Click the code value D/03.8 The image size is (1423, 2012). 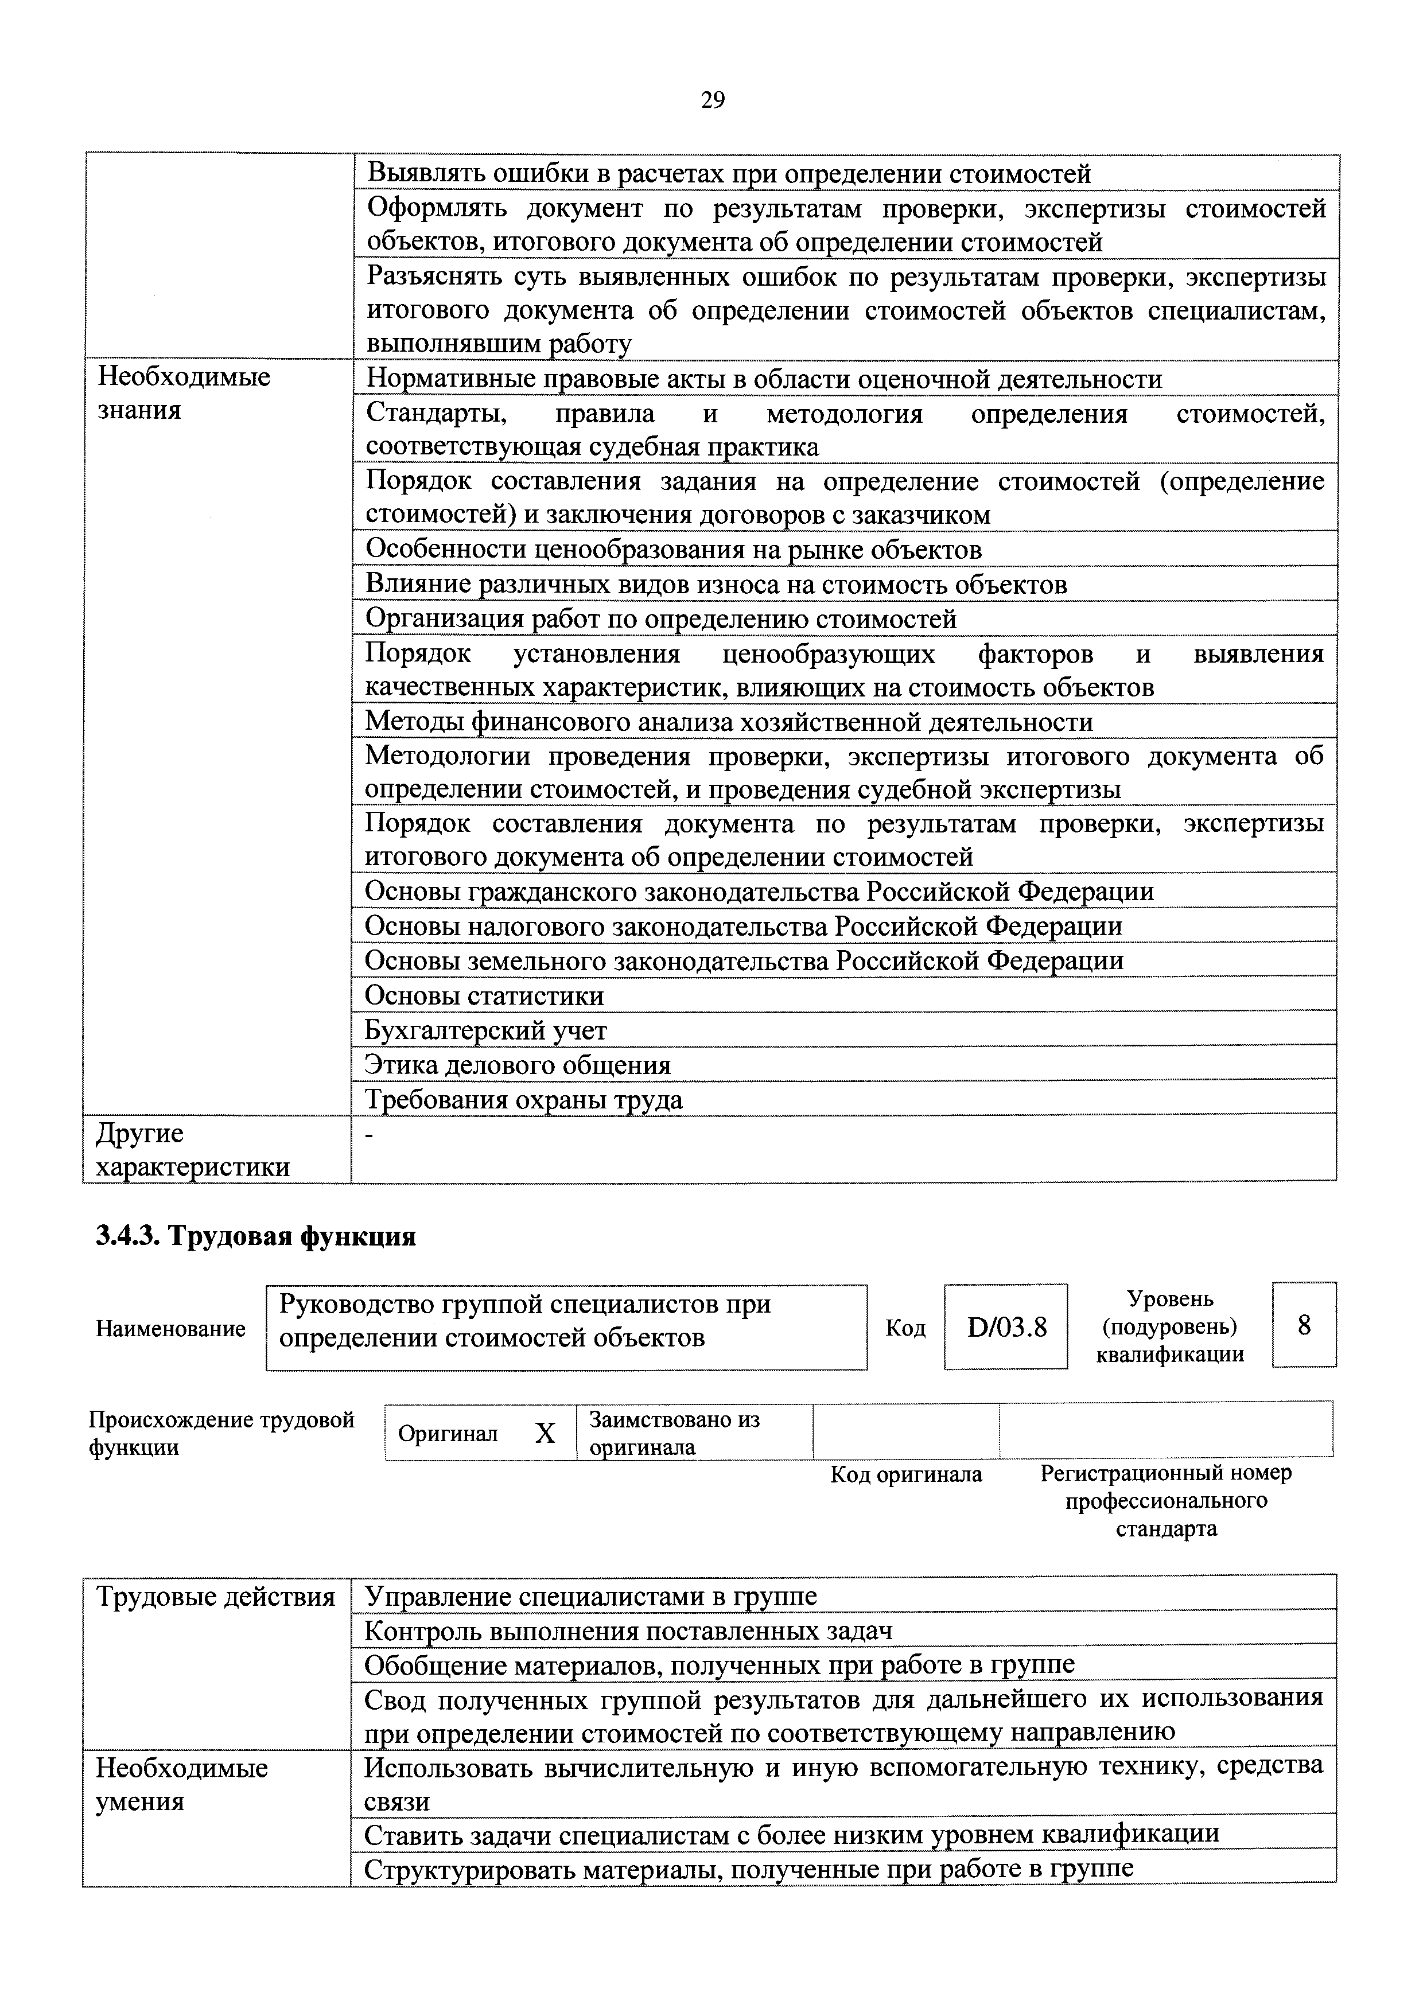coord(1006,1327)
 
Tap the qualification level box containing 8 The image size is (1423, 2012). coord(1303,1325)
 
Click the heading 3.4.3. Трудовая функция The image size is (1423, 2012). coord(255,1236)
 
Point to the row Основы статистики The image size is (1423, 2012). coord(484,995)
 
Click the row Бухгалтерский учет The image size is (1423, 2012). coord(485,1030)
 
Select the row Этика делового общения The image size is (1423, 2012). coord(517,1065)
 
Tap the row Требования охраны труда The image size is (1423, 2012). coord(523,1100)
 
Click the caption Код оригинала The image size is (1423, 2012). coord(906,1475)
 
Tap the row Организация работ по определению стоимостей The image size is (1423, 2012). coord(660,620)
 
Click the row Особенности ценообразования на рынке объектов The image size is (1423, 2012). coord(673,550)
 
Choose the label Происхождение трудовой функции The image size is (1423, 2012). coord(221,1433)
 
